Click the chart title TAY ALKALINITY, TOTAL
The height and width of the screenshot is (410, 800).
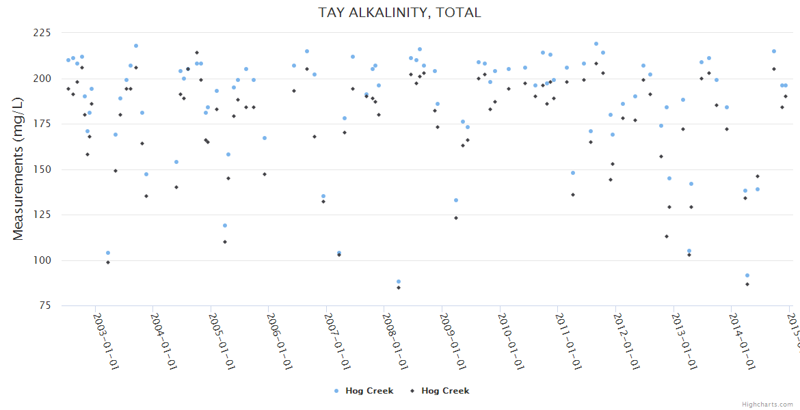coord(399,13)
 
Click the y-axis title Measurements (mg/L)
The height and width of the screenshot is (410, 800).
coord(18,169)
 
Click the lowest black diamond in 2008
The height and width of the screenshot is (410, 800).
coord(399,288)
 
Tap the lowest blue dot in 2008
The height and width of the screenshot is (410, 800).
coord(399,282)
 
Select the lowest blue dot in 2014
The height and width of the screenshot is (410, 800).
coord(747,275)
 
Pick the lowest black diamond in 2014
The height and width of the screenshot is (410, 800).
coord(747,284)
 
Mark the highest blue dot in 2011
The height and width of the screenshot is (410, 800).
coord(596,44)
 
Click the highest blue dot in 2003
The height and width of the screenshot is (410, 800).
coord(136,46)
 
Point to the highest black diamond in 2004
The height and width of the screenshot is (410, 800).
coord(197,53)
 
